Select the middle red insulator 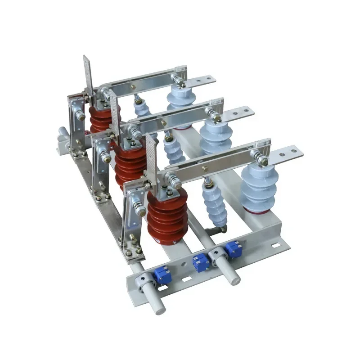point(130,164)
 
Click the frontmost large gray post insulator point(258,189)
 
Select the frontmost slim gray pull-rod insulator point(215,205)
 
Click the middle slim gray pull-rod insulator point(175,151)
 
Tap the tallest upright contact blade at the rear point(88,76)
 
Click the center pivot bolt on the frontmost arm point(205,168)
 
